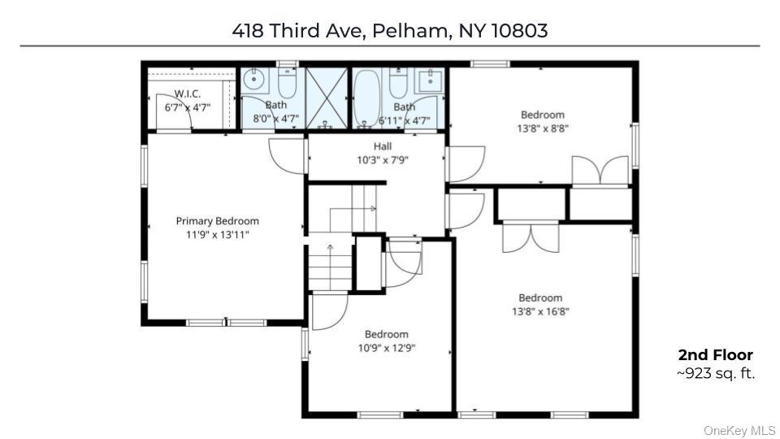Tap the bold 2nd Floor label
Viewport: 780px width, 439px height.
[715, 355]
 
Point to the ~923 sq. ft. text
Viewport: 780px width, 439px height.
[715, 373]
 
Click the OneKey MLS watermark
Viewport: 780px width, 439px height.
[739, 431]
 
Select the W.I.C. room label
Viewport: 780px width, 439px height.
[188, 93]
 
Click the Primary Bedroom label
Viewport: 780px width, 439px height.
[218, 221]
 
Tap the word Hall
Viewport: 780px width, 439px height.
[383, 146]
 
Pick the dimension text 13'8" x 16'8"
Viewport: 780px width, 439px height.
[540, 312]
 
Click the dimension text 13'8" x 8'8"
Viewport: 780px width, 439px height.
[543, 128]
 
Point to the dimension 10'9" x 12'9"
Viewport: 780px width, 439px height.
[387, 348]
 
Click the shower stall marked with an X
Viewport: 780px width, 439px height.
[327, 98]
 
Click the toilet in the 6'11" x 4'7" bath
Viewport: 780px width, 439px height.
[398, 83]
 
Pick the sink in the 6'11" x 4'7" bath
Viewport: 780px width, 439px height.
[429, 80]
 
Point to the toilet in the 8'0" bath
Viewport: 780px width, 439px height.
[287, 83]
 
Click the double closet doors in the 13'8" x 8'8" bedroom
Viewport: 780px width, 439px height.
[600, 172]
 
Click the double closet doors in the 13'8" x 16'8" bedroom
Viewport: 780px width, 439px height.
[531, 238]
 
